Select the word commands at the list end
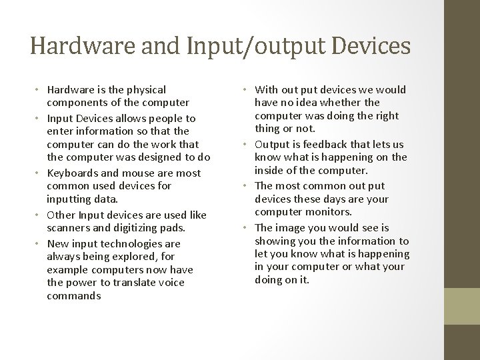pos(74,295)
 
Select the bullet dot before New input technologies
pos(39,244)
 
